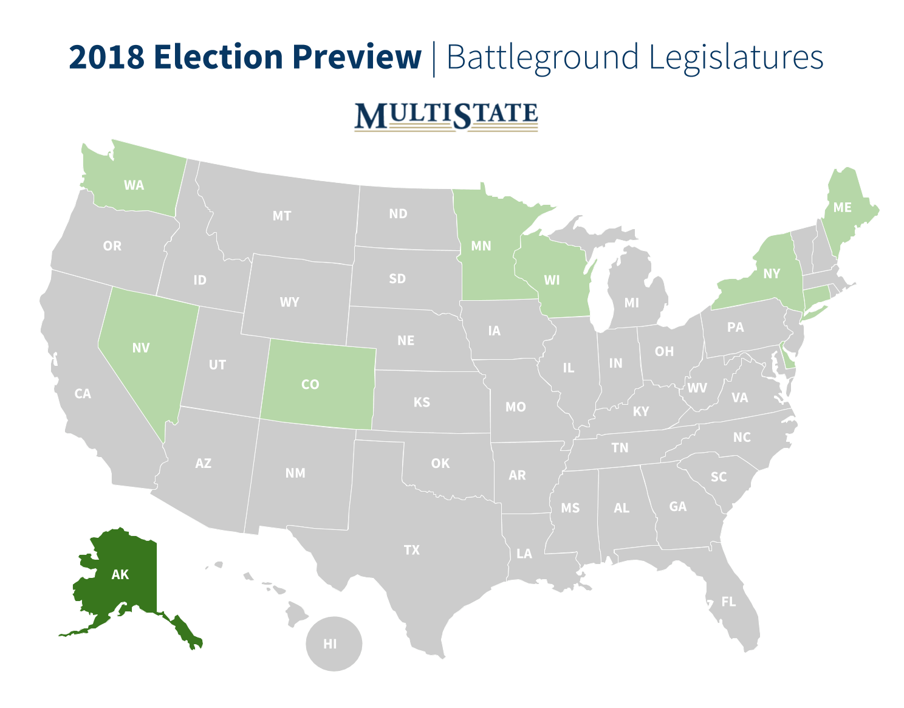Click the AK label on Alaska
coord(120,574)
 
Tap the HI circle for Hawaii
coord(330,644)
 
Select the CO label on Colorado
coord(310,384)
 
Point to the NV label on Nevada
coord(140,348)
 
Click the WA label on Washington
coord(134,185)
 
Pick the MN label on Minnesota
coord(481,246)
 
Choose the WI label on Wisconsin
coord(552,280)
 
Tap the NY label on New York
coord(771,273)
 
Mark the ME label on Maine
coord(842,207)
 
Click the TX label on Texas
coord(411,549)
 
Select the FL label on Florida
coord(728,602)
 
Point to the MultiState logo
coord(446,116)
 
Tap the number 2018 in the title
coord(106,57)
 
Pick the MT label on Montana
coord(281,215)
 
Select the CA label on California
coord(83,394)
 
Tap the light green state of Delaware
coord(788,360)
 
